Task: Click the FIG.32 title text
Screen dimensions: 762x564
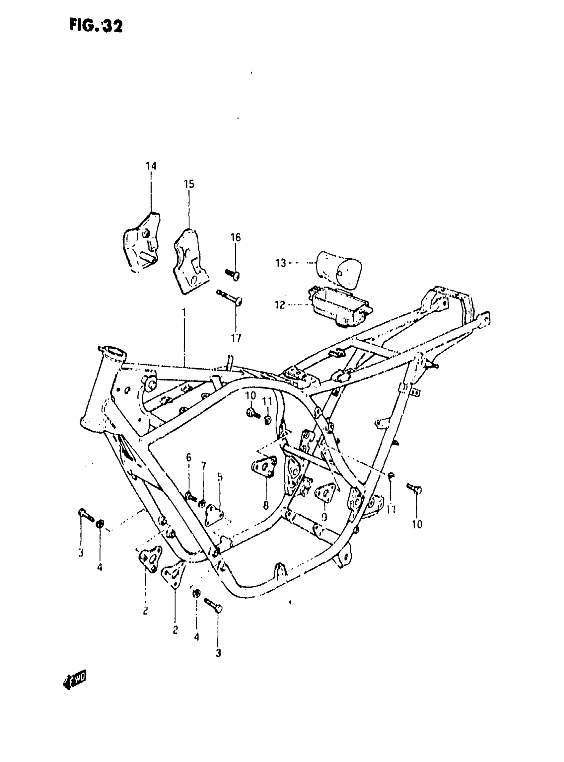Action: coord(96,26)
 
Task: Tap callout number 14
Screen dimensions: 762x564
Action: coord(151,166)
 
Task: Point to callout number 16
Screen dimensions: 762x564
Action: coord(236,237)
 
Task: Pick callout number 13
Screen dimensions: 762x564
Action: coord(281,263)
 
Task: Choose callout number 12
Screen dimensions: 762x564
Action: coord(280,304)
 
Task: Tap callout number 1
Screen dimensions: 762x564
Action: coord(184,313)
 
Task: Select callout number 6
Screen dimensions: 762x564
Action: coord(189,457)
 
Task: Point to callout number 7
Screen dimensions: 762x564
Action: coord(204,466)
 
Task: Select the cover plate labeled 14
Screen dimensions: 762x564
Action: coord(142,243)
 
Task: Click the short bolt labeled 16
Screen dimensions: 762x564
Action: coord(233,274)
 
